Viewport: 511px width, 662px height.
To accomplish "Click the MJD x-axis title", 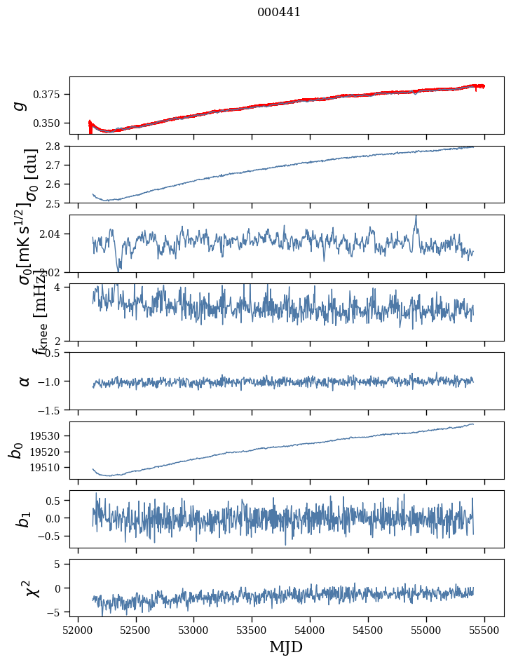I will click(x=286, y=647).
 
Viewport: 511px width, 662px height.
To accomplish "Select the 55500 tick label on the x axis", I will click(x=485, y=630).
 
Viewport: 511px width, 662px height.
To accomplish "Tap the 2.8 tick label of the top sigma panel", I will click(x=56, y=147).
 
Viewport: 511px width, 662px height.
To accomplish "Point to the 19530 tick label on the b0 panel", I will click(x=50, y=435).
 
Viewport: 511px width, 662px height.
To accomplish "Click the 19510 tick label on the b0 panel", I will click(x=50, y=467).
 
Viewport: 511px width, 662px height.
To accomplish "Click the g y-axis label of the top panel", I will click(x=21, y=105).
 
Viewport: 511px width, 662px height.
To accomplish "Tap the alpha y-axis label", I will click(x=24, y=381).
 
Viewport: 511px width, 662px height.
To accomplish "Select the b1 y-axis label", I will click(x=24, y=519).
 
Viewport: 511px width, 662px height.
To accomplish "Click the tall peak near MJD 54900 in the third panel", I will click(x=416, y=217).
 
